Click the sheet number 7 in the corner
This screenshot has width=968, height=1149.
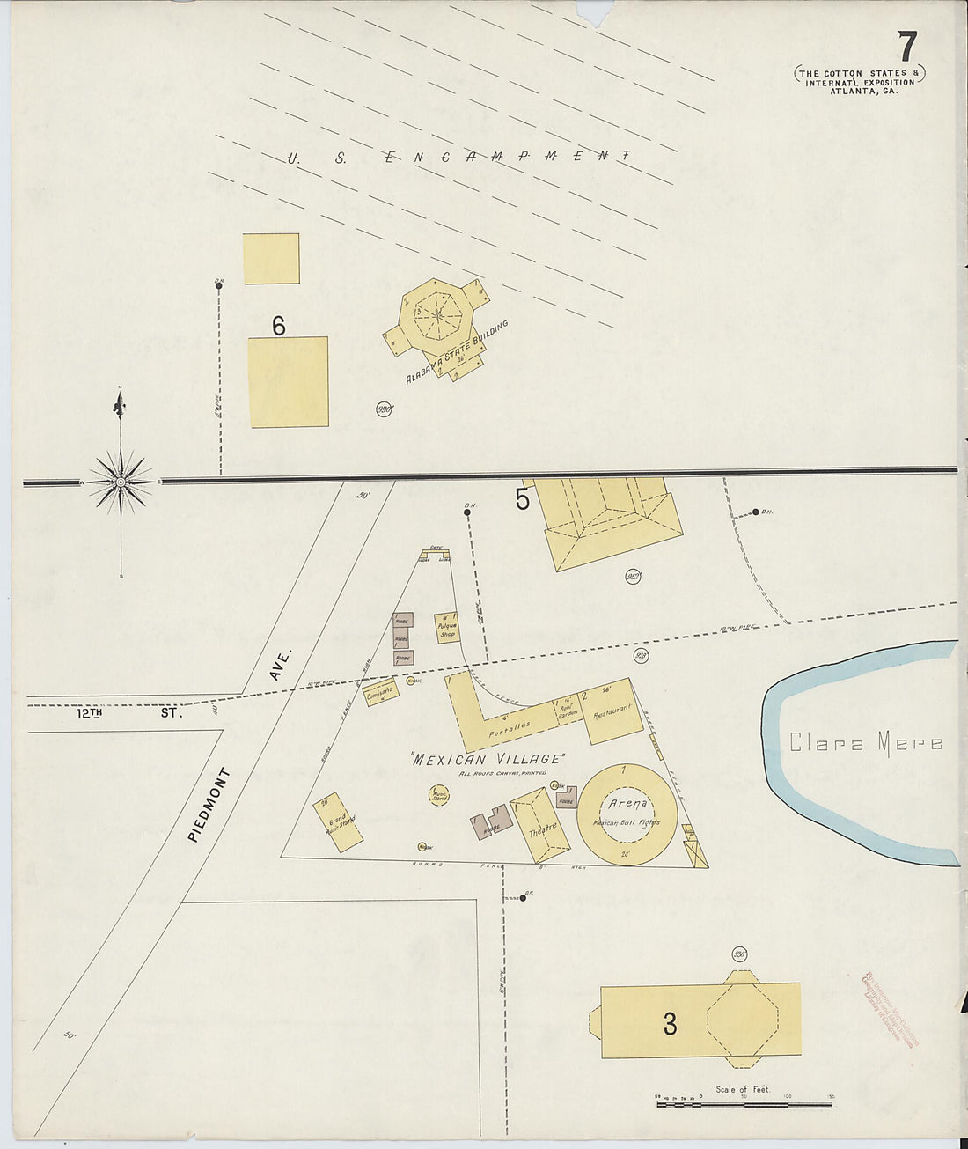click(x=907, y=46)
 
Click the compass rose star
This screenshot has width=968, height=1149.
click(x=121, y=482)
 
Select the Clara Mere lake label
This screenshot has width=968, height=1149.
click(x=865, y=743)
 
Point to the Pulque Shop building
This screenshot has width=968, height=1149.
click(x=447, y=628)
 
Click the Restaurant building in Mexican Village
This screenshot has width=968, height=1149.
click(x=612, y=711)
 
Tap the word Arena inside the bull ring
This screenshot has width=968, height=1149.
click(x=627, y=803)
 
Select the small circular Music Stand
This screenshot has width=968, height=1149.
click(x=439, y=796)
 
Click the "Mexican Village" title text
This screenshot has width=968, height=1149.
click(x=487, y=759)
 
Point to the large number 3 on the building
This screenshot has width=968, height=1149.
click(x=671, y=1024)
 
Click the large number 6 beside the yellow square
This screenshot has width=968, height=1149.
click(x=278, y=327)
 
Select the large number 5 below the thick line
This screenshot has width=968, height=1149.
click(x=522, y=500)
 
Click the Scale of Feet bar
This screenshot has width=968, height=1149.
click(x=743, y=1102)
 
